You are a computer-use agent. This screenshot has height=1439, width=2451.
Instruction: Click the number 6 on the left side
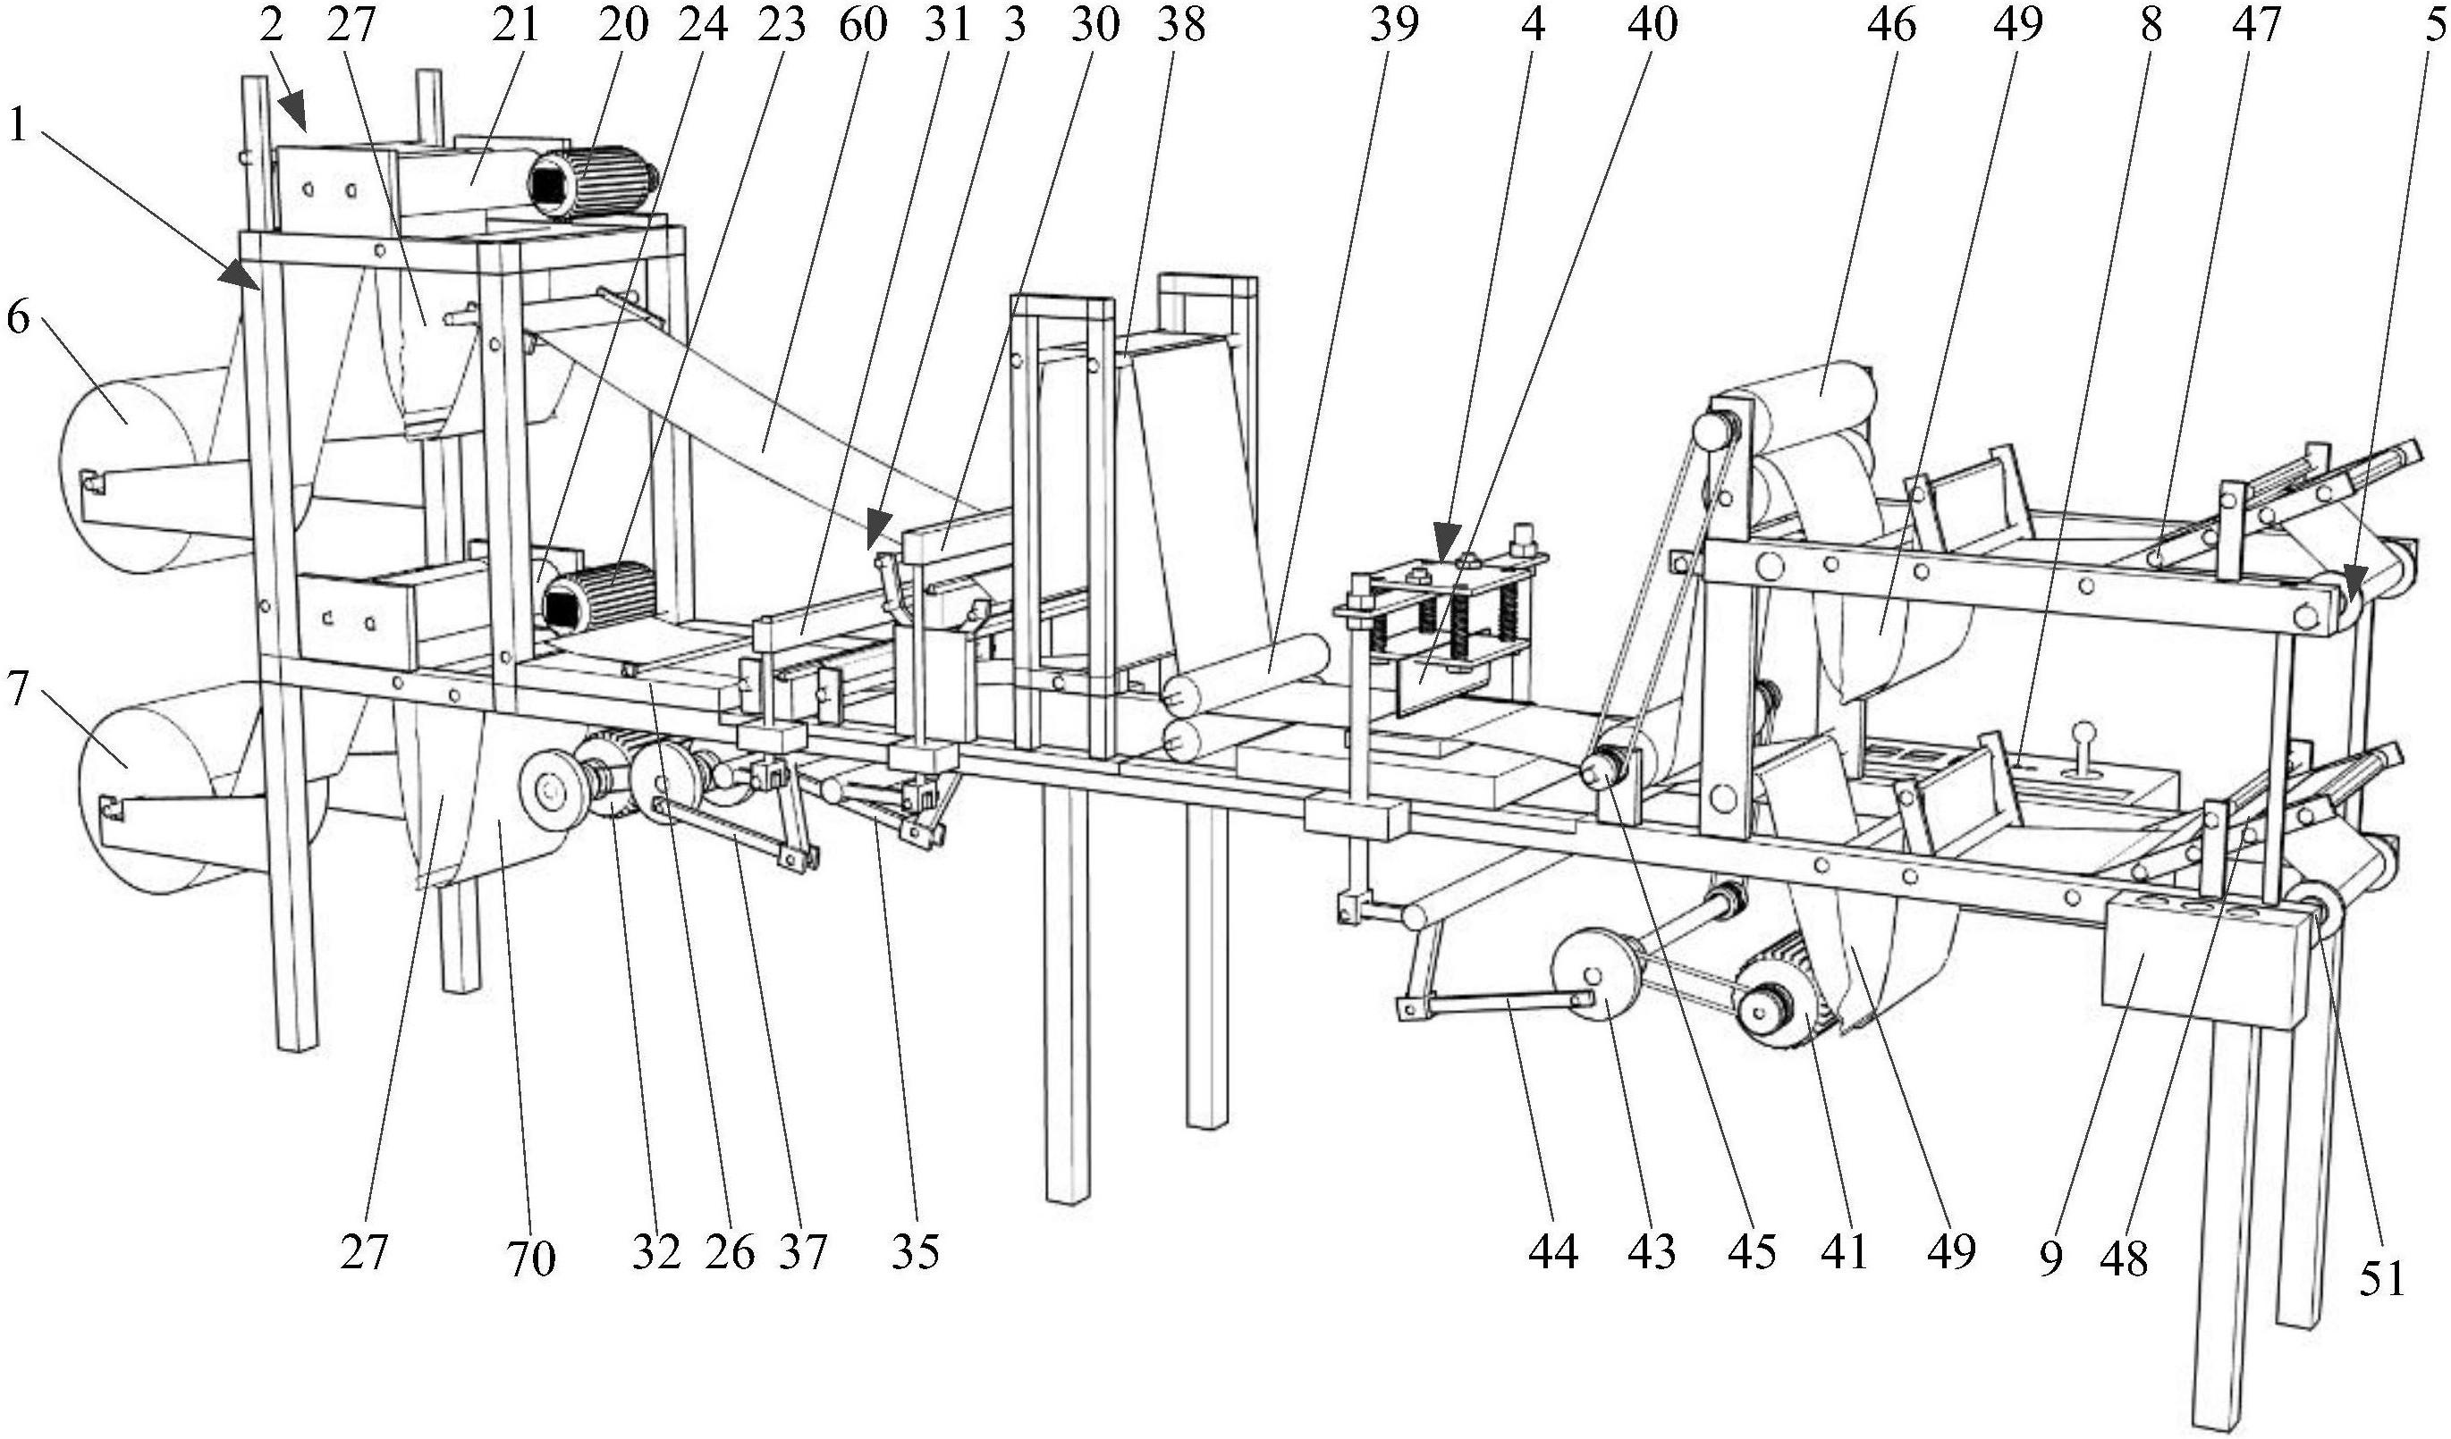18,318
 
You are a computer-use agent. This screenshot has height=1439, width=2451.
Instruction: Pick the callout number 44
1552,1251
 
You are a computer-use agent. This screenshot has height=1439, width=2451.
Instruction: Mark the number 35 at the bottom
916,1251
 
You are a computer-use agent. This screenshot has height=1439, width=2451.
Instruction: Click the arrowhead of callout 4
1446,541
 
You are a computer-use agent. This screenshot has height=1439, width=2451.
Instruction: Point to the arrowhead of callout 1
245,275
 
